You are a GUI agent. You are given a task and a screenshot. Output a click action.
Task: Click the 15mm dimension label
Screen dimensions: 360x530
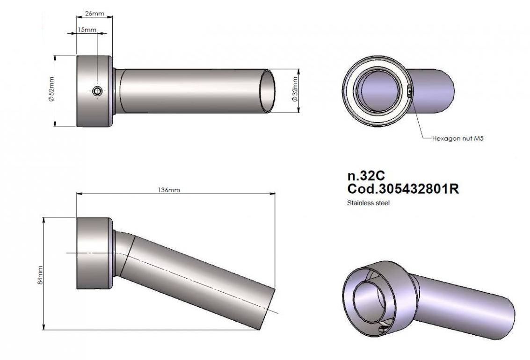click(x=87, y=30)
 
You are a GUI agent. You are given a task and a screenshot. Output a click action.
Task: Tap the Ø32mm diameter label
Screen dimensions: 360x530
click(x=295, y=92)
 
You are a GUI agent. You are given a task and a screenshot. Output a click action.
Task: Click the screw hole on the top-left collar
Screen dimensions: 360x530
click(x=97, y=91)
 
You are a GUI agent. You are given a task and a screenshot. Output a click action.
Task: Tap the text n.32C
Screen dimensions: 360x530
click(x=366, y=176)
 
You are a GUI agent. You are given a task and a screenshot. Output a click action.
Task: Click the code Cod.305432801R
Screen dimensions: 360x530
click(x=403, y=189)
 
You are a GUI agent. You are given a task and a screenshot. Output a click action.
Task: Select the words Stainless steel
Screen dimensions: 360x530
click(x=368, y=203)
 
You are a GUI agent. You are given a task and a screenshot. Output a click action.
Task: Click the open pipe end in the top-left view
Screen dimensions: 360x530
click(x=268, y=92)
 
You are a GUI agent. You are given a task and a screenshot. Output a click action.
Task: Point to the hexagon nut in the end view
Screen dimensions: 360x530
click(x=409, y=91)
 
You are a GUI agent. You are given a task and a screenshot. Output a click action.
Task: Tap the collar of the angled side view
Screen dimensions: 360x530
click(x=94, y=253)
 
